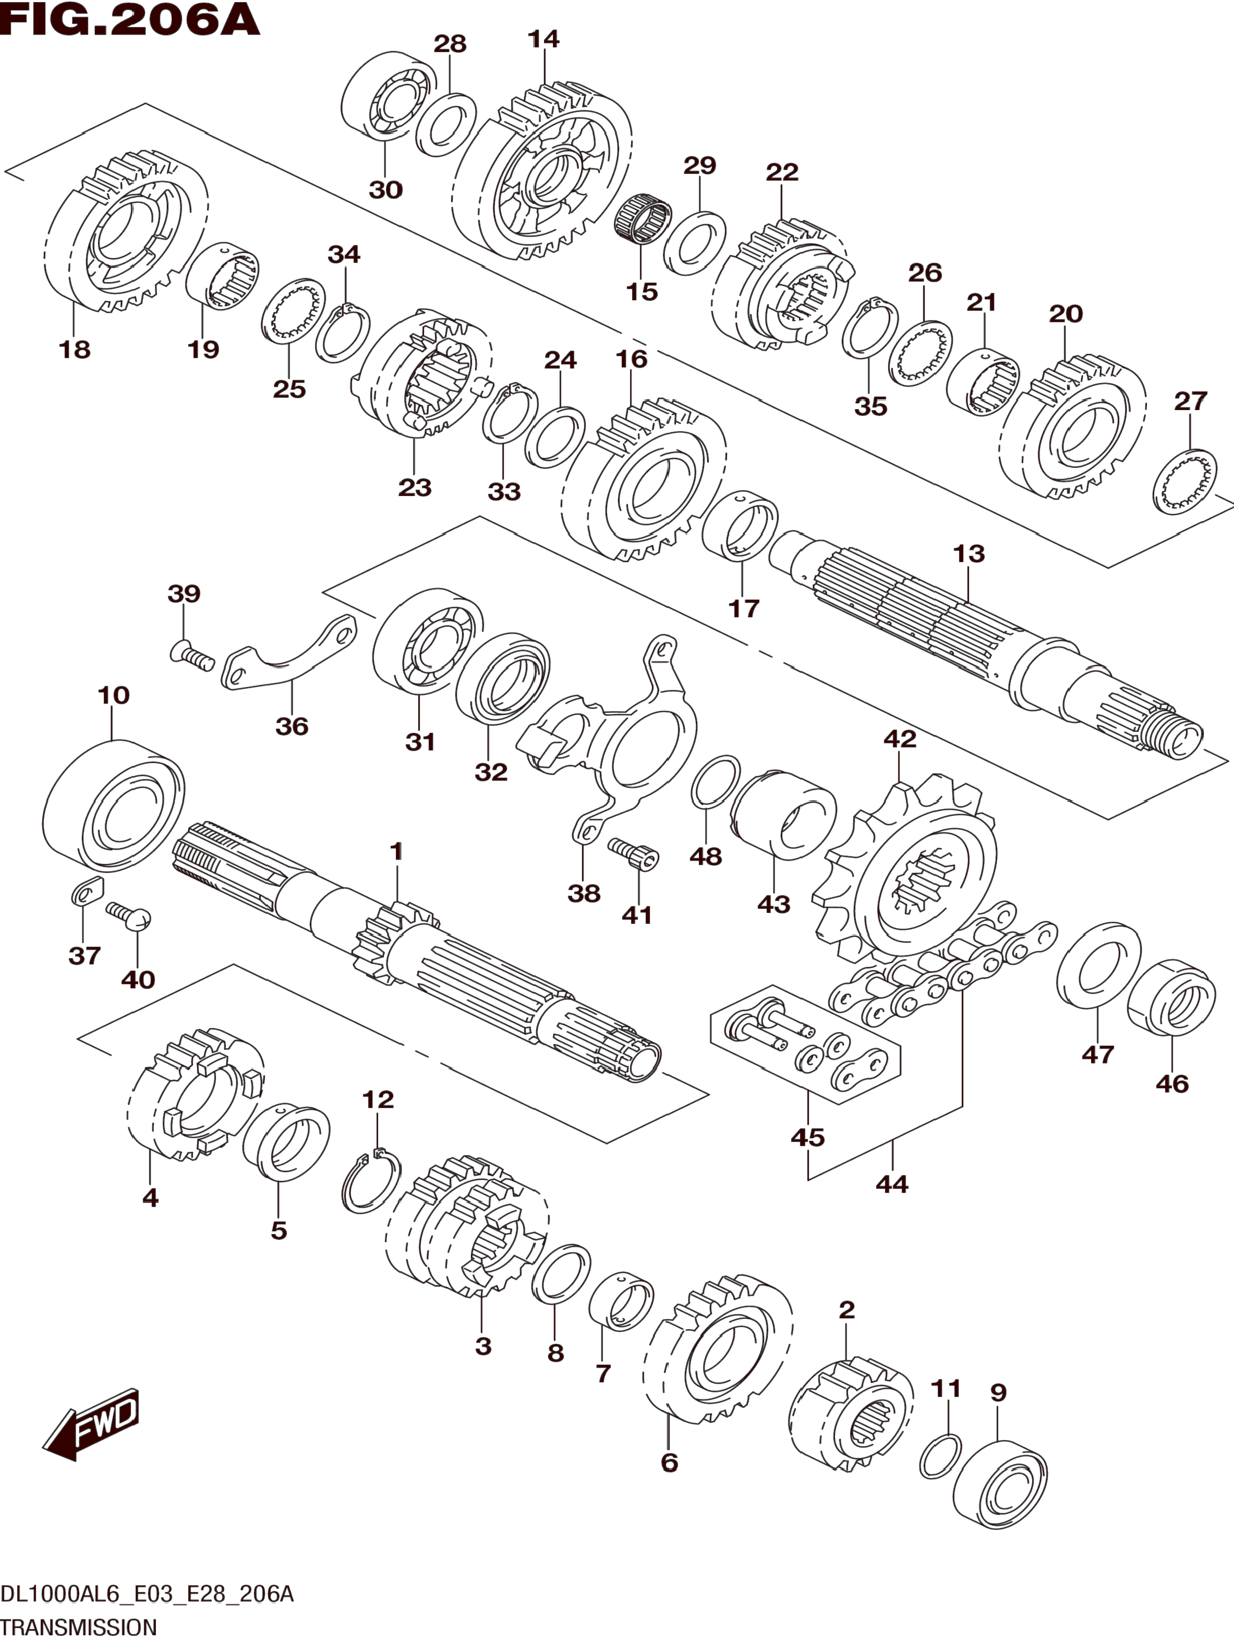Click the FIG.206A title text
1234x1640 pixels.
130,20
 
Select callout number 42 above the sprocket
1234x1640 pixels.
899,739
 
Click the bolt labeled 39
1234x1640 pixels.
191,654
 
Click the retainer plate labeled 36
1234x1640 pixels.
289,654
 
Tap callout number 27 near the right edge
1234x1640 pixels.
1190,401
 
